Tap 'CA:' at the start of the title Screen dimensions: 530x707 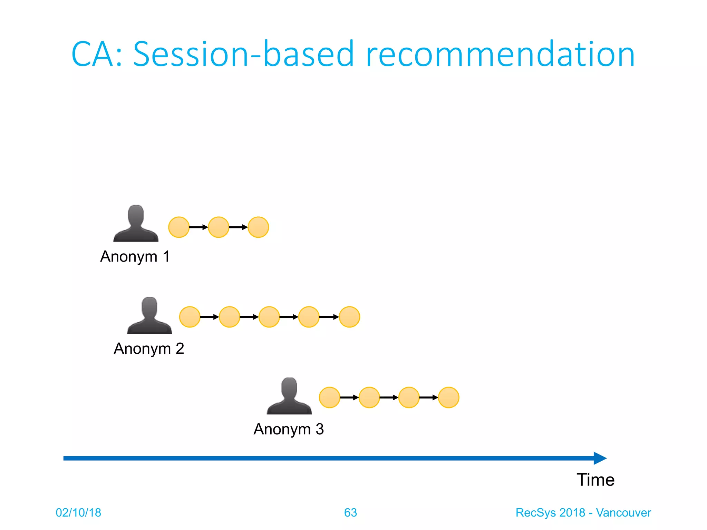point(97,54)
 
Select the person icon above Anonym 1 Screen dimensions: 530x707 point(136,224)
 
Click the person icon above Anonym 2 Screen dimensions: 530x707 point(149,316)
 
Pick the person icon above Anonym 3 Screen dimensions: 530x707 point(289,396)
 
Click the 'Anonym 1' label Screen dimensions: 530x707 point(135,256)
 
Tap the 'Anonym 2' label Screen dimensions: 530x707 point(149,349)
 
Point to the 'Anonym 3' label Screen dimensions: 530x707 point(289,429)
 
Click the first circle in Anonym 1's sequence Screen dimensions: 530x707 point(179,227)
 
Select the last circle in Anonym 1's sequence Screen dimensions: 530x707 point(258,227)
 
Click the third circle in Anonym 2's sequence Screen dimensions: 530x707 point(269,317)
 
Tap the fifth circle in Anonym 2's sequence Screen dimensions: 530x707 point(349,317)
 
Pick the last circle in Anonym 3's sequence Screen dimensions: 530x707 point(448,397)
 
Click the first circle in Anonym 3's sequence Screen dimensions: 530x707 point(329,397)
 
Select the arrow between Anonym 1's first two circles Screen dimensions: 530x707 point(198,227)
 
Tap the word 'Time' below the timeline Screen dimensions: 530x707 point(595,480)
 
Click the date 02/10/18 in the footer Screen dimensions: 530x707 point(78,512)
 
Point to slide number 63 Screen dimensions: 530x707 point(350,512)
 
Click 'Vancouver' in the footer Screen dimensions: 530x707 point(623,512)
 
